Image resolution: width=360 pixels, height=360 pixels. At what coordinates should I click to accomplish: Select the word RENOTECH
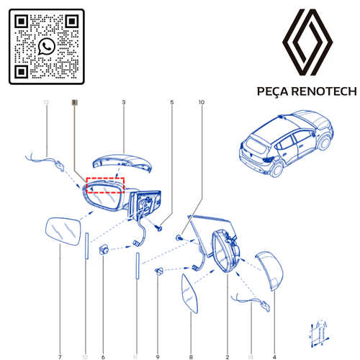pyautogui.click(x=320, y=91)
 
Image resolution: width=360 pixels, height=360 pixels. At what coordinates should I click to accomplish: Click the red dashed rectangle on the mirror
pyautogui.click(x=105, y=186)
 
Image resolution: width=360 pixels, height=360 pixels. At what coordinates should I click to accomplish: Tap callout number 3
pyautogui.click(x=123, y=103)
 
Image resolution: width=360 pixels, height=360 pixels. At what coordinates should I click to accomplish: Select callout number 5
pyautogui.click(x=172, y=103)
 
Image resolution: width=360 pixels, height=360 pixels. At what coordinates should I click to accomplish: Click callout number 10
pyautogui.click(x=202, y=103)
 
